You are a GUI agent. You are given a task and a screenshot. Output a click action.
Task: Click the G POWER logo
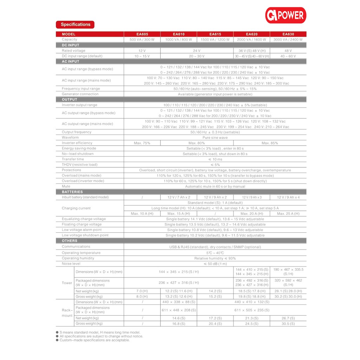tap(285, 15)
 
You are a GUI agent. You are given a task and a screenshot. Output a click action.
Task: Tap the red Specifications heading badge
tap(75, 25)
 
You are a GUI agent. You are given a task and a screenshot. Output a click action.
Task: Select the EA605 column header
tap(142, 34)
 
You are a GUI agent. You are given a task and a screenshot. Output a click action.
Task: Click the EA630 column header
tap(288, 34)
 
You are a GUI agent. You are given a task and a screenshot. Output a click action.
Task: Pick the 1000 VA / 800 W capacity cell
tap(179, 40)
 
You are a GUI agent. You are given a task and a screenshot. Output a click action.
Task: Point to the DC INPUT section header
tap(71, 45)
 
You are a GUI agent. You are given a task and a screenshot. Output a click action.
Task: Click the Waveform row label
tap(70, 137)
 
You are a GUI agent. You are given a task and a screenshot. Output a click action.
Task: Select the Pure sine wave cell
tap(215, 137)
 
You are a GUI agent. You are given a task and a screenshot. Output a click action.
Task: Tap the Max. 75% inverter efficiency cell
tap(142, 143)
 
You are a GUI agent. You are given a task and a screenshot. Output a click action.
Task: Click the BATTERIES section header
tap(72, 192)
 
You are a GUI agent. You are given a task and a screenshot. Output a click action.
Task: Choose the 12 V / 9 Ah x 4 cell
tap(288, 197)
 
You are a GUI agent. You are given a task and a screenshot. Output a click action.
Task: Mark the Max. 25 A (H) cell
tap(288, 213)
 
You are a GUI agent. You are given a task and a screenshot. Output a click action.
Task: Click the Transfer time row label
tap(73, 159)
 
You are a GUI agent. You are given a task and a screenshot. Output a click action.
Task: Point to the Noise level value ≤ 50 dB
tap(215, 264)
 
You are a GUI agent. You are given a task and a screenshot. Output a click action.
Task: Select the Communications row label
tap(76, 247)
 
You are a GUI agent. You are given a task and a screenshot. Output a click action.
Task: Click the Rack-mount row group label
tap(67, 313)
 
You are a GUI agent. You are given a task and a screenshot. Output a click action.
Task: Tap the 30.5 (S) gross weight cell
tap(288, 324)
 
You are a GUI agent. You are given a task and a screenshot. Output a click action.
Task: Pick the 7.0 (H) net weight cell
tap(142, 291)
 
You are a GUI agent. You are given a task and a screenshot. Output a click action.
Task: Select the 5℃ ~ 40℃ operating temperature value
tap(215, 253)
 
